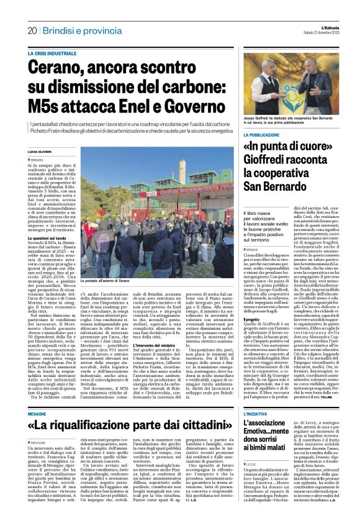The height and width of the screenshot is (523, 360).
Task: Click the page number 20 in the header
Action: coord(32,31)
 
